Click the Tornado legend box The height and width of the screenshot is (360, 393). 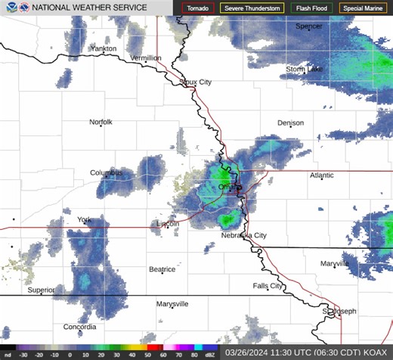(198, 8)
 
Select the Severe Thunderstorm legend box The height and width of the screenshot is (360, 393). (252, 8)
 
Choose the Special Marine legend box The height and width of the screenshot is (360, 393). (361, 8)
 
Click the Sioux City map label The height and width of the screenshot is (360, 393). (196, 82)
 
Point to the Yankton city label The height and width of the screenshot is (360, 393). (103, 48)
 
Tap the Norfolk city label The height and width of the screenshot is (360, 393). (101, 122)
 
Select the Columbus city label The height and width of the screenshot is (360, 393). (106, 172)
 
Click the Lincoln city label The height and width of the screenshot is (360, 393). (167, 224)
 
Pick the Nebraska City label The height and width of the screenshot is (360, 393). (243, 236)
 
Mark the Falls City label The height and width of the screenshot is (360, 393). (268, 286)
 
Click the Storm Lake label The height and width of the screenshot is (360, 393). (304, 69)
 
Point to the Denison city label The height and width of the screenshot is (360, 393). (290, 123)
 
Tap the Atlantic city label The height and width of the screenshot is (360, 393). (321, 175)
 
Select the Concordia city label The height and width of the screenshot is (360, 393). (79, 327)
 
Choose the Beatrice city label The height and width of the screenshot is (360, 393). (162, 269)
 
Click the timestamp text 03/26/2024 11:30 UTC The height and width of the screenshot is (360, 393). (270, 352)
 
